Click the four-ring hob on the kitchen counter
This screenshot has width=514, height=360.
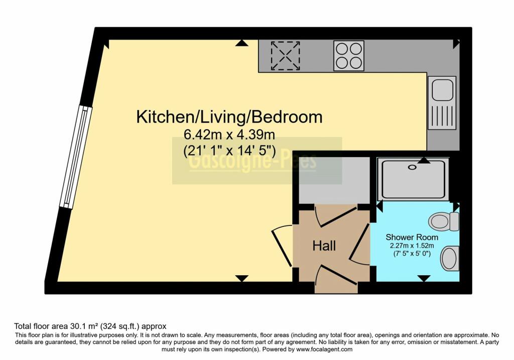pyautogui.click(x=349, y=55)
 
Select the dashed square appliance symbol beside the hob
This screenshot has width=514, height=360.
pyautogui.click(x=285, y=55)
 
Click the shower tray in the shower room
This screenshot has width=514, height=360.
pyautogui.click(x=413, y=178)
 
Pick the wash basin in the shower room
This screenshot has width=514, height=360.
pyautogui.click(x=449, y=258)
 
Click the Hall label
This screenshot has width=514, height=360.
pyautogui.click(x=324, y=246)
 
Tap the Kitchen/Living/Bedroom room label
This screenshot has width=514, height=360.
pyautogui.click(x=229, y=117)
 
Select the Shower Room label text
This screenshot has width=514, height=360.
pyautogui.click(x=412, y=237)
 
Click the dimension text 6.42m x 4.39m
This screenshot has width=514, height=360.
pyautogui.click(x=229, y=135)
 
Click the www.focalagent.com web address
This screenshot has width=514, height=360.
pyautogui.click(x=324, y=349)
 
